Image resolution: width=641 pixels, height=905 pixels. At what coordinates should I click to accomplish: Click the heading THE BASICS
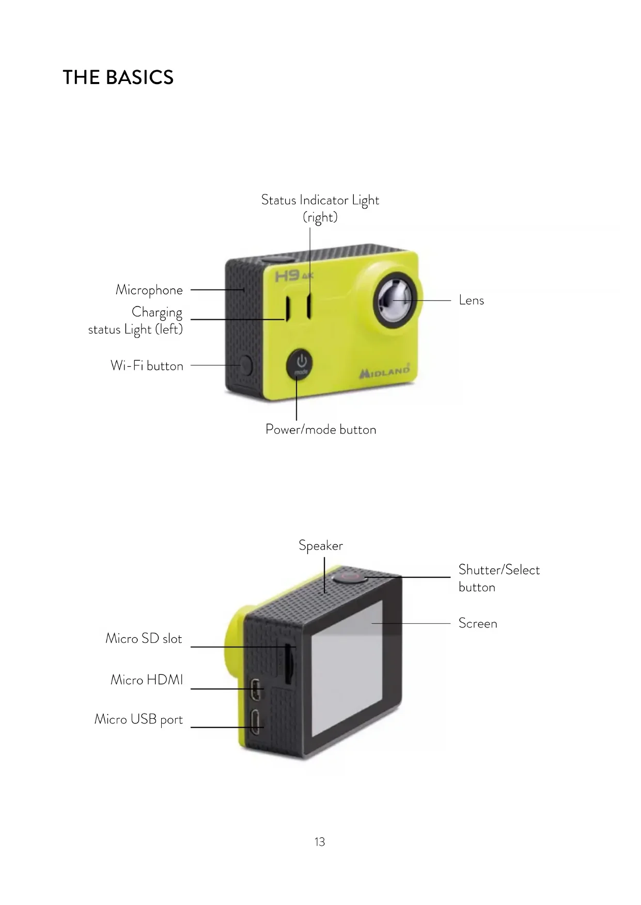coord(118,77)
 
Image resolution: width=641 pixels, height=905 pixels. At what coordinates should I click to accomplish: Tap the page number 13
coord(320,842)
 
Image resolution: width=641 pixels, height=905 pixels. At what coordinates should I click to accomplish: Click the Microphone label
coord(149,290)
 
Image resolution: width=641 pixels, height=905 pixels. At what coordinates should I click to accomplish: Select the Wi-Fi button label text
coord(147,365)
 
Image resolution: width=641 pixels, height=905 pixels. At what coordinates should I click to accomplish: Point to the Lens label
coord(471,300)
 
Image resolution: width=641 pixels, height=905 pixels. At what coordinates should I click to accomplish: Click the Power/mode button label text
coord(321,429)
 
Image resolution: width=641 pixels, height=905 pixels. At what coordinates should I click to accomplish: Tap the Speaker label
coord(320,545)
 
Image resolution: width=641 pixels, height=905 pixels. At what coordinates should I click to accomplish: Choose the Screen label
coord(478,623)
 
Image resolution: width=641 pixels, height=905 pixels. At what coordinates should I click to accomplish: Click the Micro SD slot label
coord(144,638)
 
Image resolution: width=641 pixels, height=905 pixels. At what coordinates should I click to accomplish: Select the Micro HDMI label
coord(147,680)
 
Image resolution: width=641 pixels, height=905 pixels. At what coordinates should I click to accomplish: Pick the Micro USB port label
coord(138,719)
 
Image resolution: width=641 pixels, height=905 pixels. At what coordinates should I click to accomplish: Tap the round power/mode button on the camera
coord(300,364)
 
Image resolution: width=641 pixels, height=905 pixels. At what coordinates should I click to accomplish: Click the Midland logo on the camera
coord(385,371)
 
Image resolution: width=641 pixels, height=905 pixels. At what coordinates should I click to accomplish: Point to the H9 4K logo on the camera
coord(293,276)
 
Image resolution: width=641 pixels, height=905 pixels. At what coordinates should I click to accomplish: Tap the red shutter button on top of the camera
coord(350,576)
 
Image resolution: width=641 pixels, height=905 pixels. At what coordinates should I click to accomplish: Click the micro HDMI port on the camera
coord(256,689)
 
